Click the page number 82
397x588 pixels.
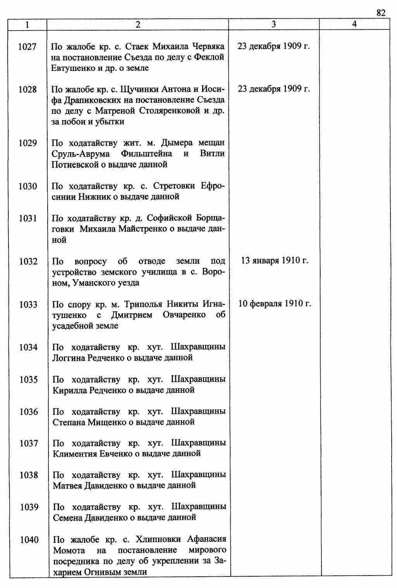381,13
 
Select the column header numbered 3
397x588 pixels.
274,24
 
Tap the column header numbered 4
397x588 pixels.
354,24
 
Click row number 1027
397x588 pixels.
28,47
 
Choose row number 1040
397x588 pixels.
29,540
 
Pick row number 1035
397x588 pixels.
29,380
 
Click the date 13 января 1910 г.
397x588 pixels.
274,260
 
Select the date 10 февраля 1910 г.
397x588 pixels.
274,303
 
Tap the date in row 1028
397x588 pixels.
274,89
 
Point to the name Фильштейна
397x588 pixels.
147,154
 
